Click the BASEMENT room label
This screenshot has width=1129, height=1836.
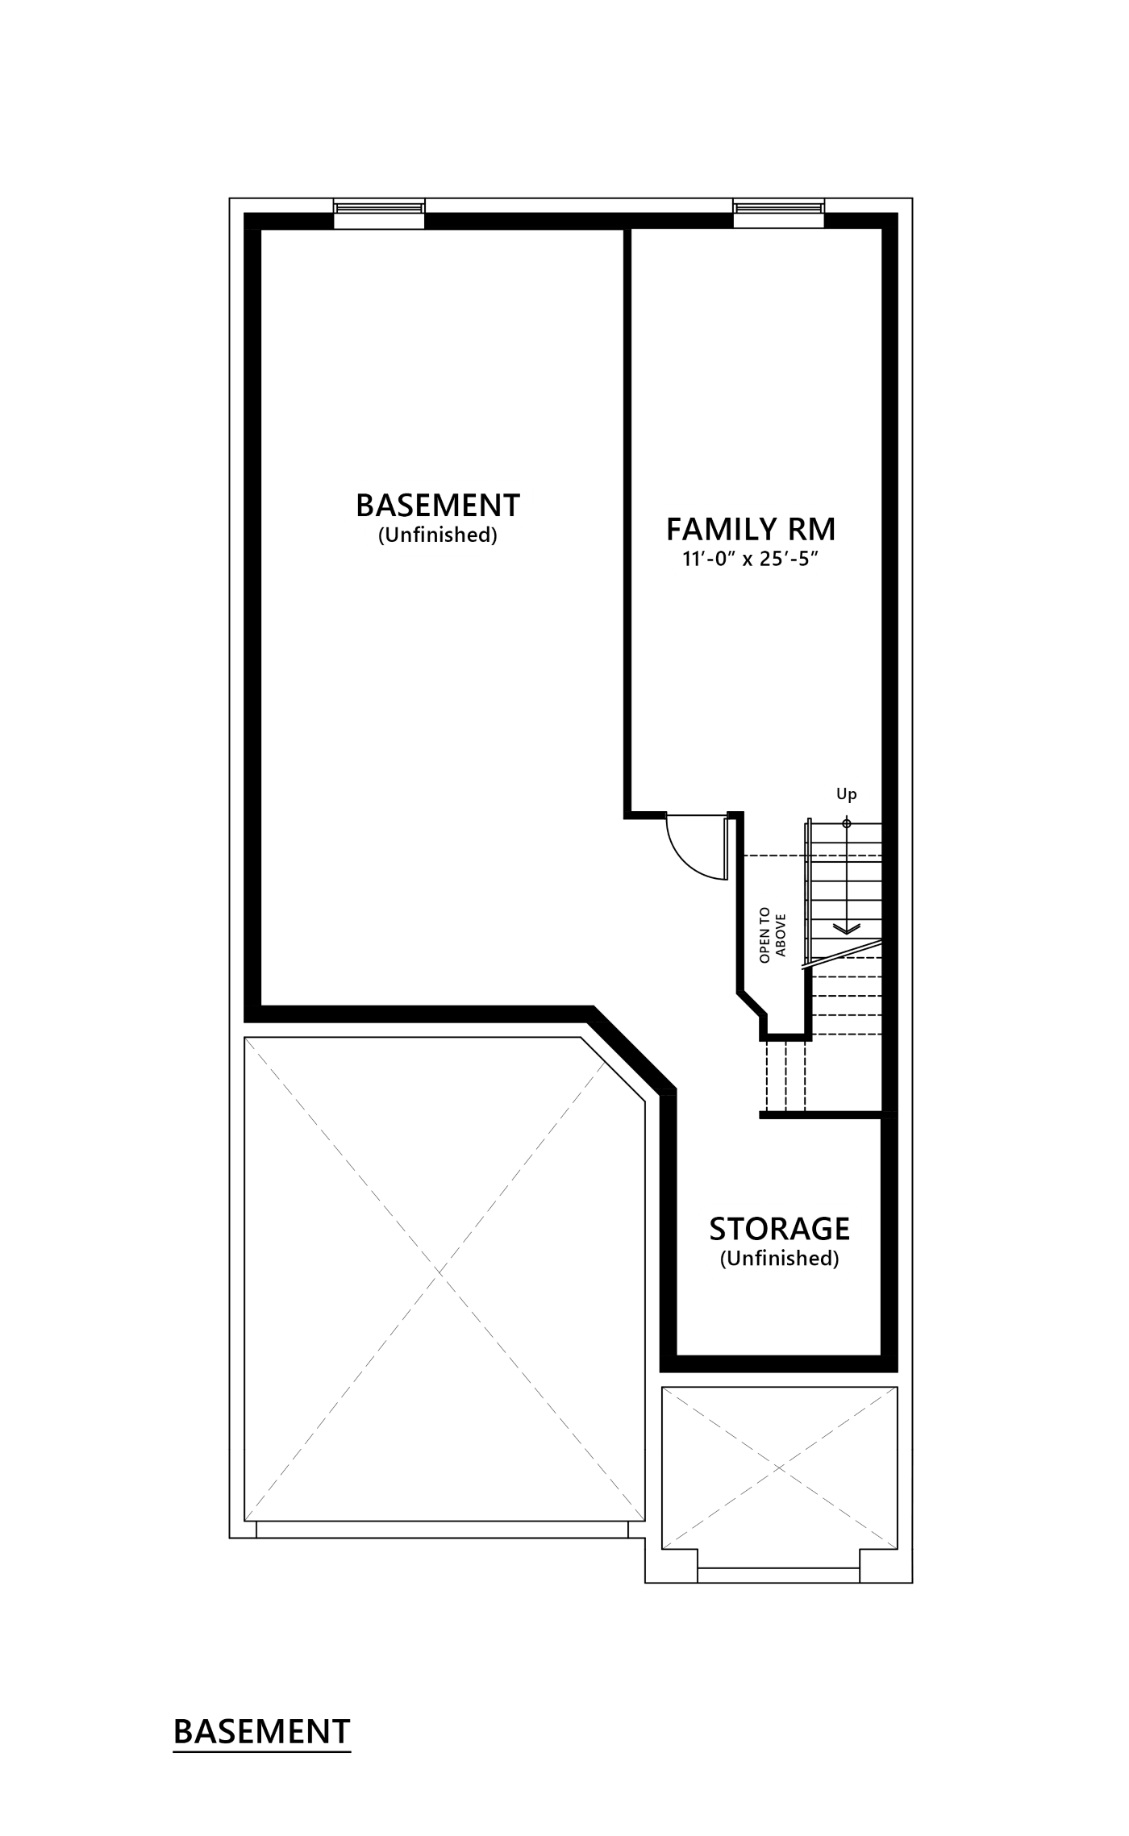click(x=438, y=505)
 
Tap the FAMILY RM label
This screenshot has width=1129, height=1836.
click(x=756, y=530)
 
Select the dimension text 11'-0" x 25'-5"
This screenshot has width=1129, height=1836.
click(x=750, y=558)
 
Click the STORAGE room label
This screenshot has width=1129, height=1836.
click(x=779, y=1228)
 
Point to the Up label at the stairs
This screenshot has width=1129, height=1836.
click(x=846, y=794)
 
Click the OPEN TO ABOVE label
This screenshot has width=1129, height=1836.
click(x=772, y=935)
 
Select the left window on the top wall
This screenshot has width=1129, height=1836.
click(x=379, y=208)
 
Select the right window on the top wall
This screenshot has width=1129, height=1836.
click(x=778, y=208)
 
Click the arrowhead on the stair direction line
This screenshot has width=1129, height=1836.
click(x=846, y=928)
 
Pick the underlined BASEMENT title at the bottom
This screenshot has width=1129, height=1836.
click(x=262, y=1732)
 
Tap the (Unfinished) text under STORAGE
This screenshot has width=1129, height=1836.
click(x=779, y=1258)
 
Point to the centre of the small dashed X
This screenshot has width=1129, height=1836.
click(x=779, y=1467)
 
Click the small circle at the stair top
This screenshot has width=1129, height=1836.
click(x=846, y=823)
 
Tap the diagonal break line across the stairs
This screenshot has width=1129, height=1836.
click(x=842, y=954)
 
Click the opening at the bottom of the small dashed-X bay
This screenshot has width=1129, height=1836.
click(x=778, y=1569)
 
